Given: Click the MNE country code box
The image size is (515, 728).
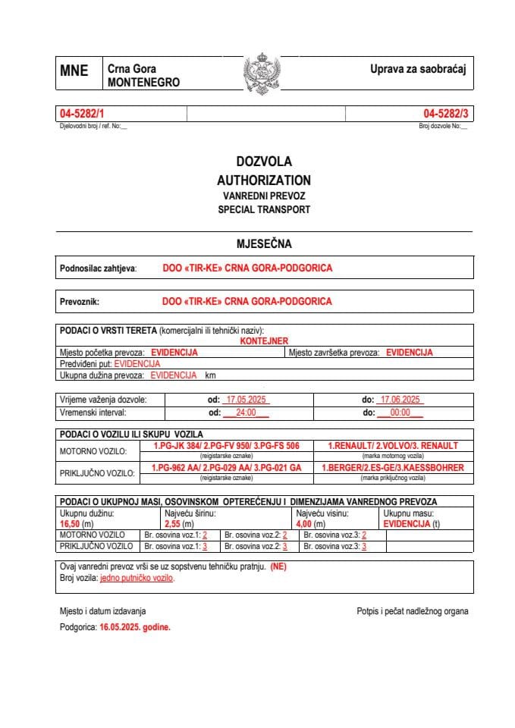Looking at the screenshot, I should point(74,71).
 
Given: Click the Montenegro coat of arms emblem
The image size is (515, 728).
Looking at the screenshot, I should point(261,73).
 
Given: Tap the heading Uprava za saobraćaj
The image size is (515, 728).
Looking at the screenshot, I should point(417,69).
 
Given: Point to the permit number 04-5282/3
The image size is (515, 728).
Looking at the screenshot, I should point(446,114).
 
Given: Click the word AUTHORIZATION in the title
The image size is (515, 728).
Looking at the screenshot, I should point(263,180).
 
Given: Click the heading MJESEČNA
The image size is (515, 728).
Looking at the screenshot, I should point(263,244).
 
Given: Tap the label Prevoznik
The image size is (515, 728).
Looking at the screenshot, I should point(80,302).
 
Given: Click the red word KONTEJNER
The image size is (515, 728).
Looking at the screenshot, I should point(264,341).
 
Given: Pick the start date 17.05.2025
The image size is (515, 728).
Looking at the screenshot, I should point(243,400).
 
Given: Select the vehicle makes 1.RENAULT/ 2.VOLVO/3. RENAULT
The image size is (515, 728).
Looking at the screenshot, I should point(392,446).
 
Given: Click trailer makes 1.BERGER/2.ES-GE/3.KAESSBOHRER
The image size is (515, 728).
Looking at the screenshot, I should point(392,468).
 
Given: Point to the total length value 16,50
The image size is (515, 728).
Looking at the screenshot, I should point(70,524).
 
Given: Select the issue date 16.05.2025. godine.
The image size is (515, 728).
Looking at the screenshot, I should point(135,628).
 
